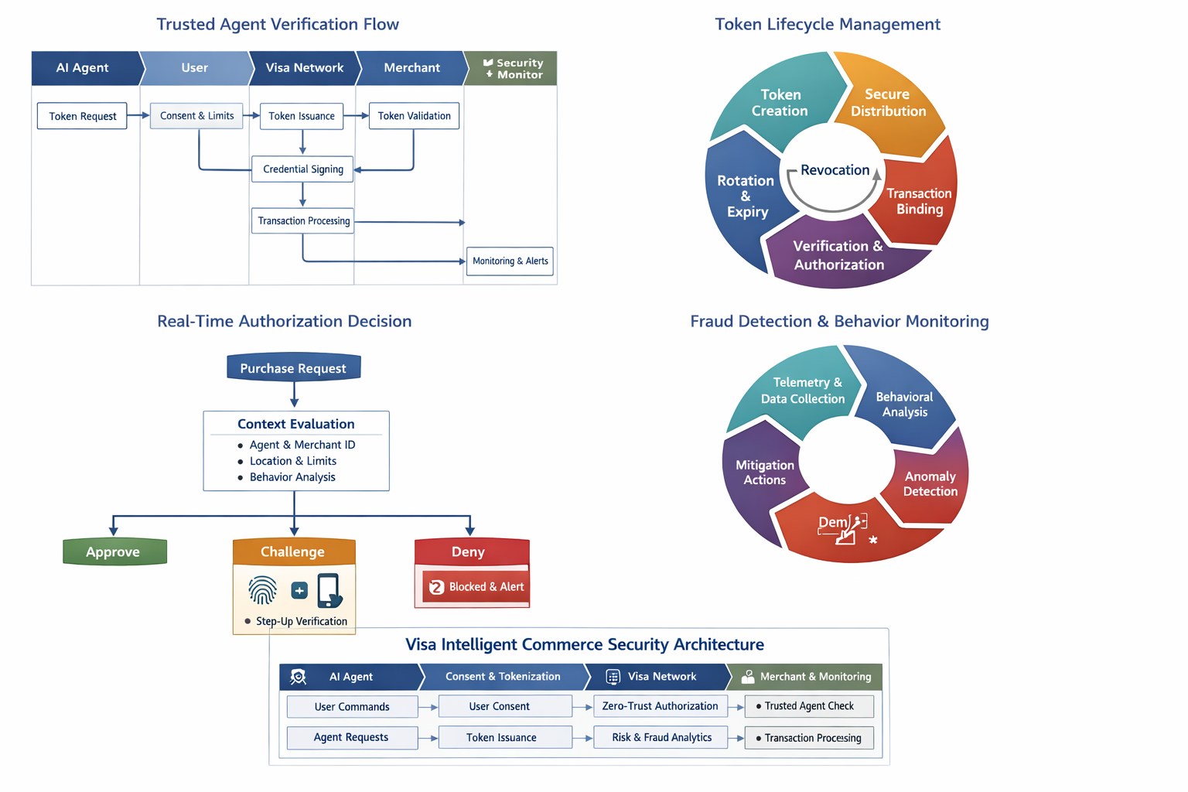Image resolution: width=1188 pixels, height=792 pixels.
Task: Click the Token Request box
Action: coord(82,116)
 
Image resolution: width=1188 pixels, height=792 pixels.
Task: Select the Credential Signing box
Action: coord(302,169)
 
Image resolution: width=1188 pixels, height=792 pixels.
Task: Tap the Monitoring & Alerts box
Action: coord(510,261)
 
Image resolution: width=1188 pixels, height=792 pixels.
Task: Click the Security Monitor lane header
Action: coord(511,68)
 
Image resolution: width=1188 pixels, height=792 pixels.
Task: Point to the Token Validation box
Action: coord(414,116)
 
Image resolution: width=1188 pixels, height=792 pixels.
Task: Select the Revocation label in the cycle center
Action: coord(835,170)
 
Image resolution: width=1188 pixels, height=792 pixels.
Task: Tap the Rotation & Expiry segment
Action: coord(746,196)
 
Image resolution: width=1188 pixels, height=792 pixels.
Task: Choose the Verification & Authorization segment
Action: coord(838,255)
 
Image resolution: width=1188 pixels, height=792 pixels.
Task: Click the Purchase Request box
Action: coord(293,368)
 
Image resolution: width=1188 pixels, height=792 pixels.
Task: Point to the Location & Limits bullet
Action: coord(292,461)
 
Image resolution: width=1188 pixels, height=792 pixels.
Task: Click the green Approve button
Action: coord(114,551)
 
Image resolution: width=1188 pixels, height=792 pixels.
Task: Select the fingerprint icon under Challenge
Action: coord(263,590)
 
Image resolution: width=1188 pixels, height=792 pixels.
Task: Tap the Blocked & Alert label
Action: coord(485,587)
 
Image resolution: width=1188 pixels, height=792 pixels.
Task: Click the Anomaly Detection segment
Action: coord(930,483)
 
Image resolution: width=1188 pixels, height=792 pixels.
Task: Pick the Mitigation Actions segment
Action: coord(764,472)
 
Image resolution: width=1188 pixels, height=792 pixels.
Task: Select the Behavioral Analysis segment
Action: coord(904,404)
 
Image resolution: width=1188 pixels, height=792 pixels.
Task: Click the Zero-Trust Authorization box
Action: coord(660,706)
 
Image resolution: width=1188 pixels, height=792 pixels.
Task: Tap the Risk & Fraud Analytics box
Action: coord(661,737)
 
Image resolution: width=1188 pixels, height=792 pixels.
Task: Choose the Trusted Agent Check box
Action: coord(808,706)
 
